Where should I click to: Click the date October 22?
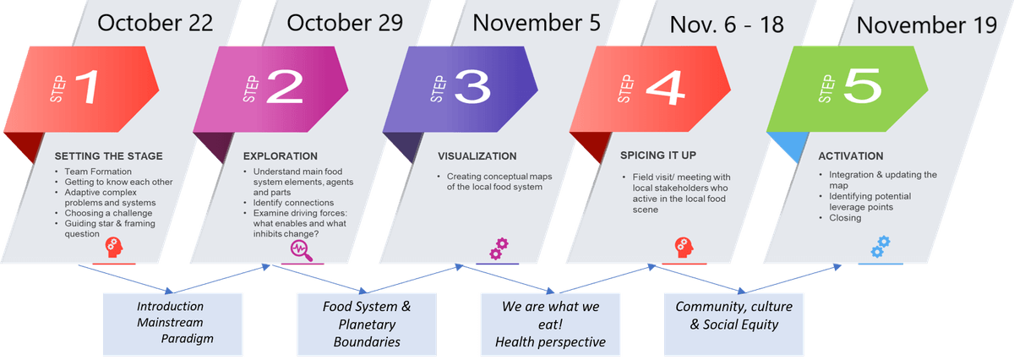click(155, 23)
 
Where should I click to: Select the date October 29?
click(345, 23)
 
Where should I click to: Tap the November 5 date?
click(537, 23)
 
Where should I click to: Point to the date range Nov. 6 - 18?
click(727, 25)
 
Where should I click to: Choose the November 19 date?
click(927, 25)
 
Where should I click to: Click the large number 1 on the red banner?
click(88, 86)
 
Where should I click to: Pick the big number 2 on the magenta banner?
click(286, 87)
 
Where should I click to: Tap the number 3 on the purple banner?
click(473, 87)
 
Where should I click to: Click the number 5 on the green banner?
click(863, 86)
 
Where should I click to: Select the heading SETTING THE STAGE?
click(109, 156)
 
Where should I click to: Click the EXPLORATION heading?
click(281, 156)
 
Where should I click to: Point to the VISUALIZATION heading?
click(477, 156)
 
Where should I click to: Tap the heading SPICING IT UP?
click(658, 155)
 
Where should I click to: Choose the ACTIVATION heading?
click(851, 156)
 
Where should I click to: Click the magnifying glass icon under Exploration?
click(302, 250)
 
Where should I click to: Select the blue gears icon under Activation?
click(880, 247)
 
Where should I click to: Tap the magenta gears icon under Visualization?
click(499, 248)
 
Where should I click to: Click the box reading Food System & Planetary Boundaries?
click(367, 325)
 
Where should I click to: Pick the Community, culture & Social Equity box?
click(733, 325)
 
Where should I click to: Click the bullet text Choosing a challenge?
click(108, 213)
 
